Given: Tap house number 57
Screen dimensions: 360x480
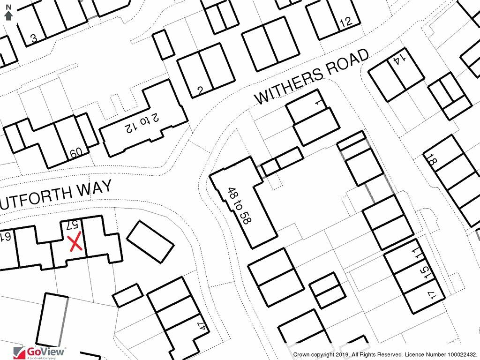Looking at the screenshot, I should [x=73, y=225].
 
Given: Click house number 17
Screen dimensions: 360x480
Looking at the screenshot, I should [x=432, y=295].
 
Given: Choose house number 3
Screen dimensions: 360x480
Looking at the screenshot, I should [x=34, y=38].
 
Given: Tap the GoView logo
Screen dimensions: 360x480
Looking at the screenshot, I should [x=40, y=352].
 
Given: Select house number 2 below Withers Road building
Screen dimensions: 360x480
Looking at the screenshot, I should [x=200, y=90].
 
